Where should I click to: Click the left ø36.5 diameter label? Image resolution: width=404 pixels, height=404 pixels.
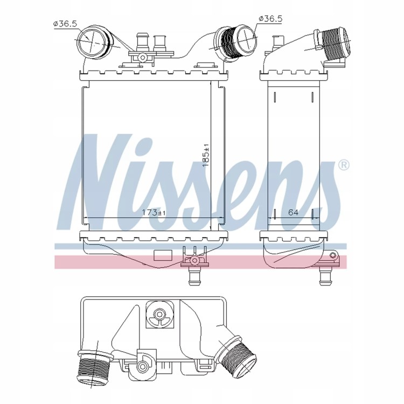pos(65,24)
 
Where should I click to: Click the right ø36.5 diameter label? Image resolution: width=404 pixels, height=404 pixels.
pos(270,18)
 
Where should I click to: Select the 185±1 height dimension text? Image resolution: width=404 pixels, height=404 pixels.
pos(206,155)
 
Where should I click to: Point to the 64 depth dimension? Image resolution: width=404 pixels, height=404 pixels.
pos(293,213)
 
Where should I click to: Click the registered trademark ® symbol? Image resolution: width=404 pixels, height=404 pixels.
pos(344,165)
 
